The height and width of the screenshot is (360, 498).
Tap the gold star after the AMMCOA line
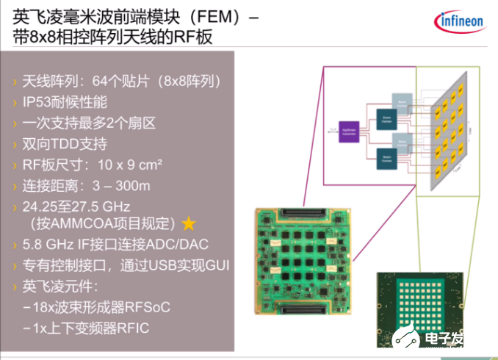(x=189, y=222)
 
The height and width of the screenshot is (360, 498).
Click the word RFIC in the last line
(x=137, y=326)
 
